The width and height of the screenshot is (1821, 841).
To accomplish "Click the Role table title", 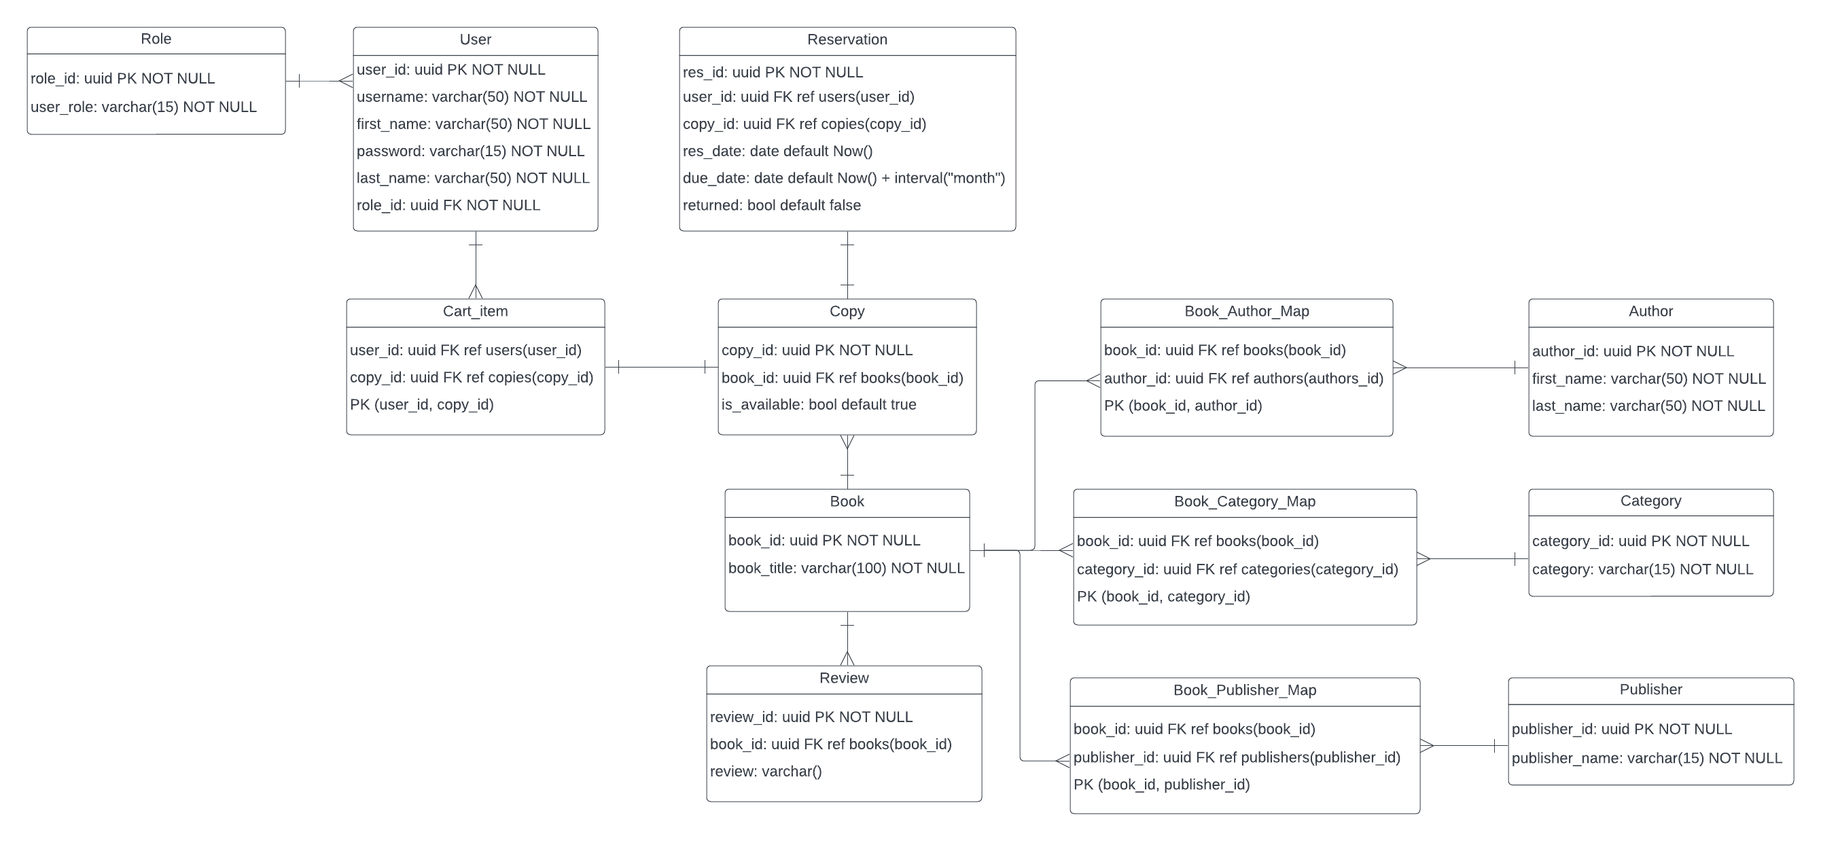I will tap(156, 39).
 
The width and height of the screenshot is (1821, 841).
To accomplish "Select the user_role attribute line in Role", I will tap(143, 107).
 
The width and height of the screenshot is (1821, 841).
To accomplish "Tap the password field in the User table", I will tap(470, 151).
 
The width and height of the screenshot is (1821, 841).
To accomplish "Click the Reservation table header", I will tap(847, 39).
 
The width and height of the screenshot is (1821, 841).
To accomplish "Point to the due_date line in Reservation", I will tap(843, 178).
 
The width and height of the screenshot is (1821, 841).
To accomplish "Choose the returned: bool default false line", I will tap(771, 205).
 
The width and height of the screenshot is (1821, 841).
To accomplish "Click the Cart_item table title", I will tap(475, 311).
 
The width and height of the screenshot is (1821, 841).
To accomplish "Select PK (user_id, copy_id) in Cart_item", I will tap(421, 404).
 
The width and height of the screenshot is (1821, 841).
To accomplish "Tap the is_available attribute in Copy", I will tap(819, 404).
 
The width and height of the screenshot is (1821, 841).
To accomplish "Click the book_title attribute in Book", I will tap(846, 567).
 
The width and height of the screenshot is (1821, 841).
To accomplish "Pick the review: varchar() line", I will tap(766, 771).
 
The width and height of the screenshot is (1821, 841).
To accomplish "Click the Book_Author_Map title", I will tap(1246, 311).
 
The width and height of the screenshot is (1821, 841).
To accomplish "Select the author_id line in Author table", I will tap(1632, 351).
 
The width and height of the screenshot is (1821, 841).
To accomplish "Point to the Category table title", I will tap(1650, 501).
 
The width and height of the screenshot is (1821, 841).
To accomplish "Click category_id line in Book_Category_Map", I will tap(1237, 569).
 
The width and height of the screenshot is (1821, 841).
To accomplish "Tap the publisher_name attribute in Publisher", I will tap(1646, 757).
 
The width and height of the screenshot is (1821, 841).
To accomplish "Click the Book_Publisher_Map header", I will tap(1244, 690).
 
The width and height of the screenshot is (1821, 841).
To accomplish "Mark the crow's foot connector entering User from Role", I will tap(346, 82).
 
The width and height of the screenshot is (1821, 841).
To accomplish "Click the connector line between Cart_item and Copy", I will tap(661, 367).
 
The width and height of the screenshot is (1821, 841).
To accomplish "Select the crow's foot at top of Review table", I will tap(847, 658).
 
